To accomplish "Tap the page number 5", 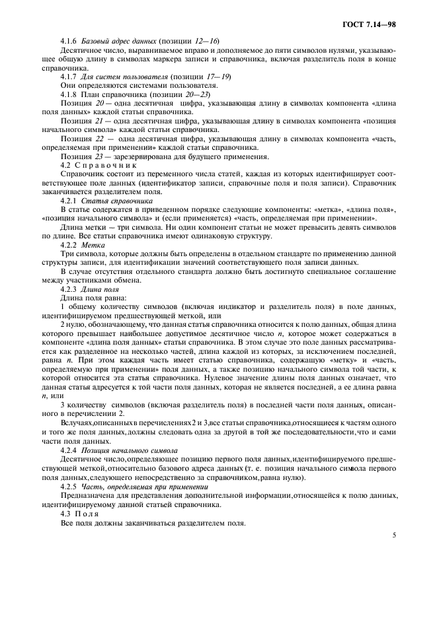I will point(393,535).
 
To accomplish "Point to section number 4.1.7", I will point(70,77).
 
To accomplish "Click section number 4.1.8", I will point(70,94).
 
